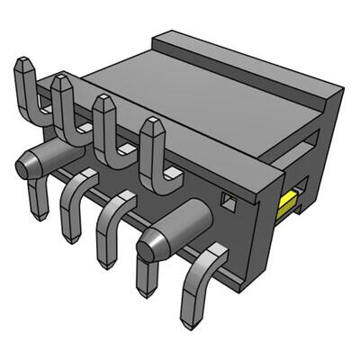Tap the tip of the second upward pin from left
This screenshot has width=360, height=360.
pyautogui.click(x=60, y=81)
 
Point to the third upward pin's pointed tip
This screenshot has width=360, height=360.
pyautogui.click(x=101, y=101)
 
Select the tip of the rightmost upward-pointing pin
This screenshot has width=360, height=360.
pyautogui.click(x=148, y=125)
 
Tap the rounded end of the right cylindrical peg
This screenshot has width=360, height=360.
pyautogui.click(x=149, y=241)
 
